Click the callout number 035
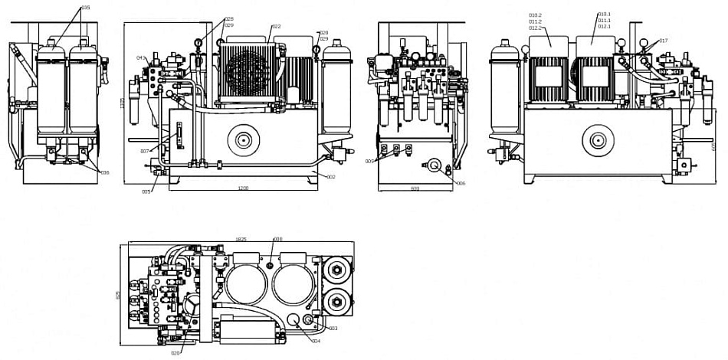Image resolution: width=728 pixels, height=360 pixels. [85, 8]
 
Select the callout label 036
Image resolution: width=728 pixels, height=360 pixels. [105, 172]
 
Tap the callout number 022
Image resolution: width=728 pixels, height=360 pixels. [277, 27]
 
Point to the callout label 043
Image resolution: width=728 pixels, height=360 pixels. [141, 57]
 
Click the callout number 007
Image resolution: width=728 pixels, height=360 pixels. [144, 152]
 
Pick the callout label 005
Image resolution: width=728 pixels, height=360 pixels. [146, 191]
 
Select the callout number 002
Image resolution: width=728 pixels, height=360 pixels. [331, 177]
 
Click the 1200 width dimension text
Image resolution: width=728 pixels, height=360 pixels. [244, 188]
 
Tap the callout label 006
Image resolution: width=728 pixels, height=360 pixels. [461, 183]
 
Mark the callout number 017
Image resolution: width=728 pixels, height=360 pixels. [664, 41]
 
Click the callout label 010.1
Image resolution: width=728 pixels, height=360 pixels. [605, 14]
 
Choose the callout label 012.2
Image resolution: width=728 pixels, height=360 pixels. [535, 28]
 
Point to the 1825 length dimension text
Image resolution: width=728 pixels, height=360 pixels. [241, 239]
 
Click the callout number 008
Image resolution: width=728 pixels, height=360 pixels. [278, 239]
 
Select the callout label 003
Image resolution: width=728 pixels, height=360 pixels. [333, 328]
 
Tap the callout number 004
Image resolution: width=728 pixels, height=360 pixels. [316, 341]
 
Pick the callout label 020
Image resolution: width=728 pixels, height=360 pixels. [175, 353]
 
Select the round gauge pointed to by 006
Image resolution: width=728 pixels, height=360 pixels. [435, 166]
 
